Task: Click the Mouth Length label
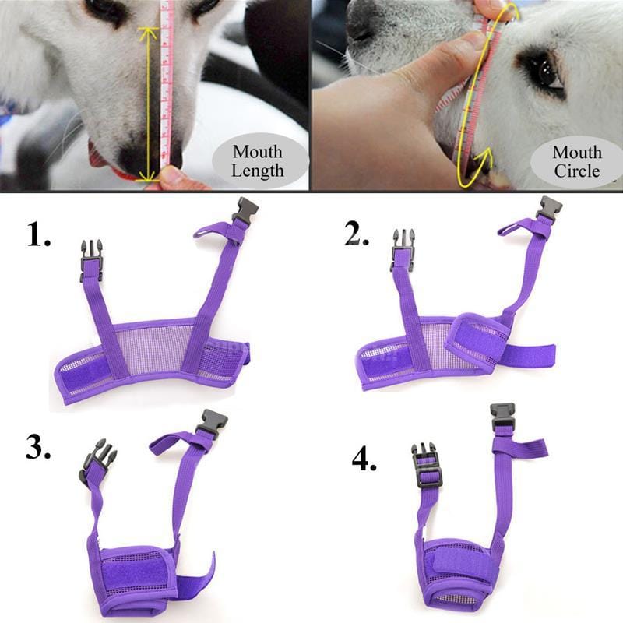pyautogui.click(x=258, y=161)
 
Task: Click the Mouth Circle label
pyautogui.click(x=577, y=161)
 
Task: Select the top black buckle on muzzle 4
pyautogui.click(x=502, y=417)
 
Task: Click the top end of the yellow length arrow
pyautogui.click(x=148, y=31)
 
